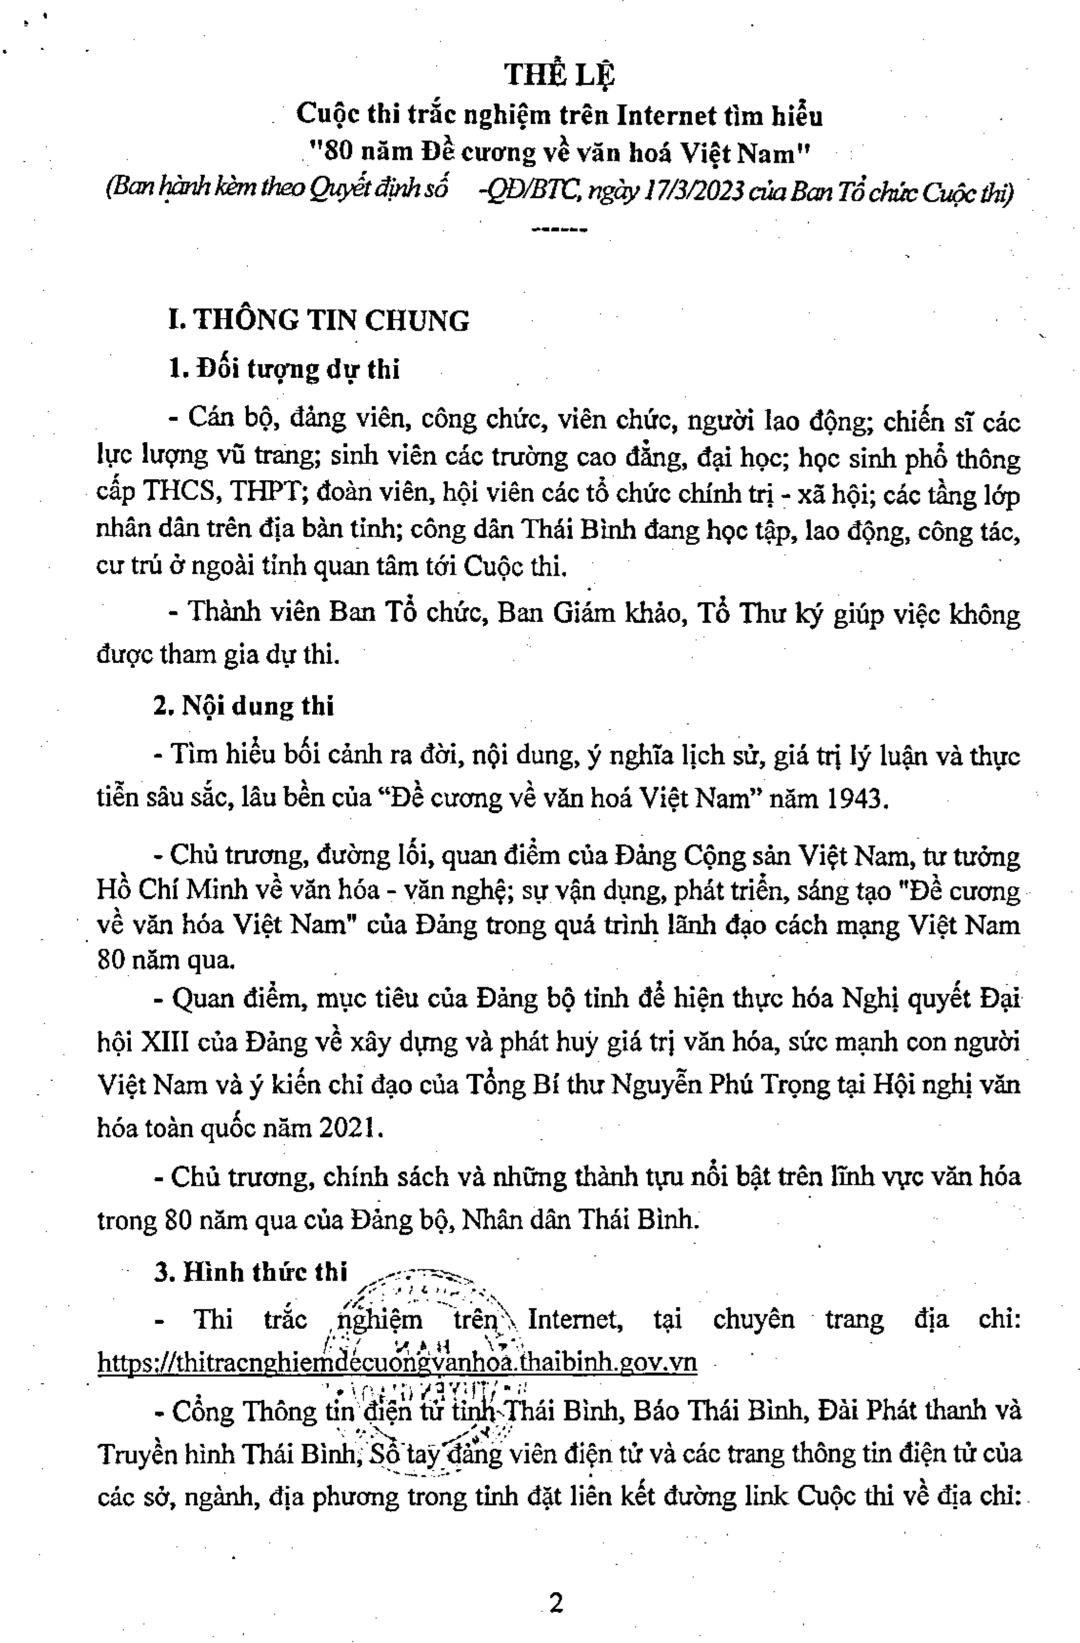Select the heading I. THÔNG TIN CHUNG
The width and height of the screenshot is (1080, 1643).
(x=319, y=320)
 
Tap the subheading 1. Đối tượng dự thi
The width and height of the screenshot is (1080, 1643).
(x=284, y=370)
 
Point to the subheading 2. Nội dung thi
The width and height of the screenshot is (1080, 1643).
(x=244, y=706)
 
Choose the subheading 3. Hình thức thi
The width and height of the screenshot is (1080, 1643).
(x=251, y=1272)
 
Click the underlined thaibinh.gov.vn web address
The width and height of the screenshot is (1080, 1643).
(x=397, y=1362)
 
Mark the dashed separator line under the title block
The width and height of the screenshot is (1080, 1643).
(x=560, y=228)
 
